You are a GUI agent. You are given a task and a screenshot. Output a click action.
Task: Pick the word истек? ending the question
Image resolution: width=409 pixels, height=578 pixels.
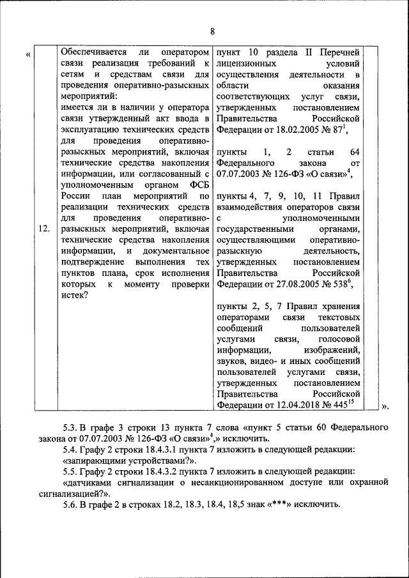pyautogui.click(x=74, y=295)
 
